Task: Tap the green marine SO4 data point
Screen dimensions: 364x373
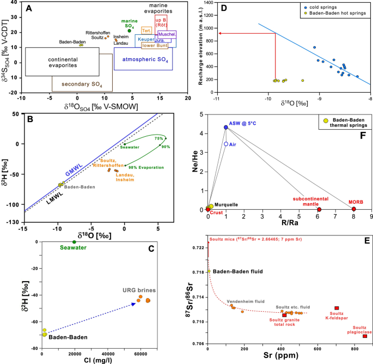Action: click(129, 31)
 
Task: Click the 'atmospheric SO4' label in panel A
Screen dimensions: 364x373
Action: click(143, 59)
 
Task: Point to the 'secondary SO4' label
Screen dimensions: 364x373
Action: click(81, 84)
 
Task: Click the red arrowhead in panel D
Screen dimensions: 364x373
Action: click(219, 34)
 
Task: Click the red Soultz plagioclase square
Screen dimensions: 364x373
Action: click(364, 336)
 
